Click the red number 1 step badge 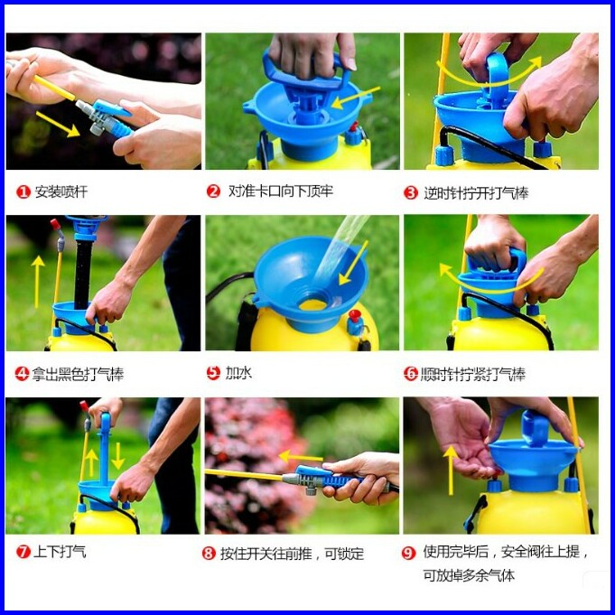pos(23,192)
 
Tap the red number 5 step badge pos(213,373)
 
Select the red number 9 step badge pos(408,554)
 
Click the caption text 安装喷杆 pos(61,192)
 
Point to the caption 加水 pos(238,373)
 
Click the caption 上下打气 pos(60,552)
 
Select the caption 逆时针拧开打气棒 pos(476,193)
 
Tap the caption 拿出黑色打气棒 pos(78,374)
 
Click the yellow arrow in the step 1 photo pos(58,125)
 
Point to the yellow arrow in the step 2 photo pos(356,98)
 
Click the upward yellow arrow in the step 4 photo pos(38,282)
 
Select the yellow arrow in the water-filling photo pos(353,263)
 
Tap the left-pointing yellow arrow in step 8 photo pos(301,457)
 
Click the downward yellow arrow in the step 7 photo pos(117,456)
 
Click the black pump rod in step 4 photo pos(83,275)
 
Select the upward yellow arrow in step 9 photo pos(451,471)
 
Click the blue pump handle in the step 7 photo pos(105,447)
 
